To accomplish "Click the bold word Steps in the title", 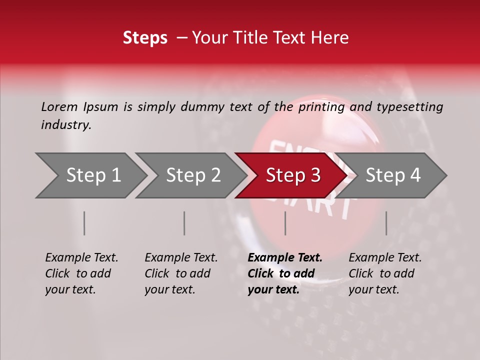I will tap(145, 38).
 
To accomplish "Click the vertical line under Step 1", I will tap(84, 223).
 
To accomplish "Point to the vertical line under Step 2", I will tap(184, 223).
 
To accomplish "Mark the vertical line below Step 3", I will tap(285, 223).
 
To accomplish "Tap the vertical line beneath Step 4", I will tap(386, 223).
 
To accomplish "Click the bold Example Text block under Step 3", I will tap(285, 273).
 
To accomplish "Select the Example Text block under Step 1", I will tap(81, 273).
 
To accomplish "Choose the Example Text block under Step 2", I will tap(181, 273).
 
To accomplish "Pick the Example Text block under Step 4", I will tap(385, 273).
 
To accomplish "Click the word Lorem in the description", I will tap(59, 107).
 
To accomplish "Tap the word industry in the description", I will tap(66, 125).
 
